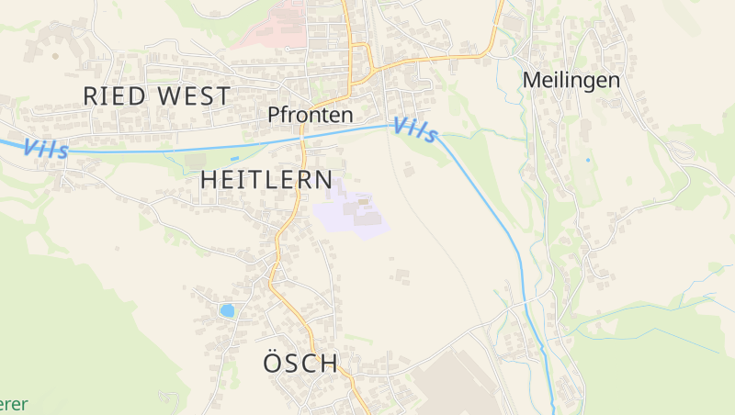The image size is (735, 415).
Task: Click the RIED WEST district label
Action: tap(156, 95)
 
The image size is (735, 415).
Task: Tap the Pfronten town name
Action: tap(311, 115)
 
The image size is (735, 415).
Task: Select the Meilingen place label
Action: tap(571, 80)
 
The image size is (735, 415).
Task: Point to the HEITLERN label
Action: tap(266, 179)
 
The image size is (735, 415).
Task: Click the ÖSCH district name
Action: tap(300, 363)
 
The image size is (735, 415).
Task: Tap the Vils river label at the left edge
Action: tap(45, 148)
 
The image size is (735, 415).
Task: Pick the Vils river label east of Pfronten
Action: tap(416, 130)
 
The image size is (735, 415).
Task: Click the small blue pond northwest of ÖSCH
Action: tap(226, 310)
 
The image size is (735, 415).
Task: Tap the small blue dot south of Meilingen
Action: tap(588, 160)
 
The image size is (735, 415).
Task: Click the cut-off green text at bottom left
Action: tap(13, 404)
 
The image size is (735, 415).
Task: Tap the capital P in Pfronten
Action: tap(274, 115)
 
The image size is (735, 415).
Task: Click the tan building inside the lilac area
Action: tap(363, 201)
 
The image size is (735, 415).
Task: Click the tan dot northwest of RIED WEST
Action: tap(54, 56)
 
